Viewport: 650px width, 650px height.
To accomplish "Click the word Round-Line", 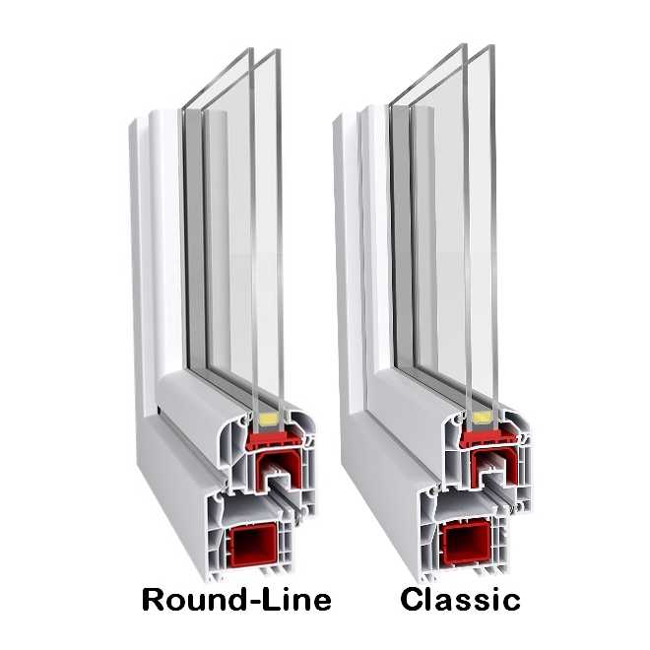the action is coord(236,600).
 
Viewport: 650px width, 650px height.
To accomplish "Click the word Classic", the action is coord(460,600).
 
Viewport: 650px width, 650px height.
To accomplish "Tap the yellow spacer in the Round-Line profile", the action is coord(268,420).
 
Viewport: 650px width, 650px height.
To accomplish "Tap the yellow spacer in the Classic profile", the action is coord(481,418).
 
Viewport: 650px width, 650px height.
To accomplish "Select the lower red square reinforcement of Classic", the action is coord(467,544).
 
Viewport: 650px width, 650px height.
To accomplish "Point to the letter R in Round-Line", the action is coord(154,600).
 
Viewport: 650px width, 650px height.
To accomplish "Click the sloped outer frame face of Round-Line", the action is coord(178,477).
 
